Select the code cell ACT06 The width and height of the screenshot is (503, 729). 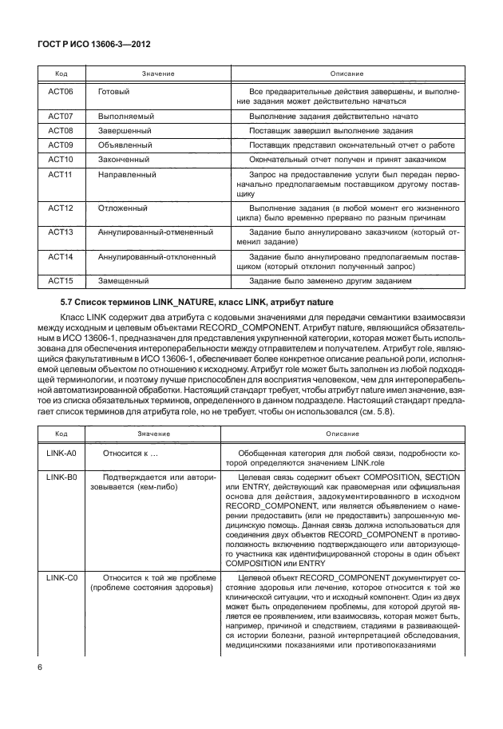61,92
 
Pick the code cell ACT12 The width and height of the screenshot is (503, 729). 61,208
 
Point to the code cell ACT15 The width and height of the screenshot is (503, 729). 61,280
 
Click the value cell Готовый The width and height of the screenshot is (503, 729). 113,92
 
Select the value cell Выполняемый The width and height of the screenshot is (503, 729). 125,116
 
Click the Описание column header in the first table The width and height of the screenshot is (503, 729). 343,73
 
